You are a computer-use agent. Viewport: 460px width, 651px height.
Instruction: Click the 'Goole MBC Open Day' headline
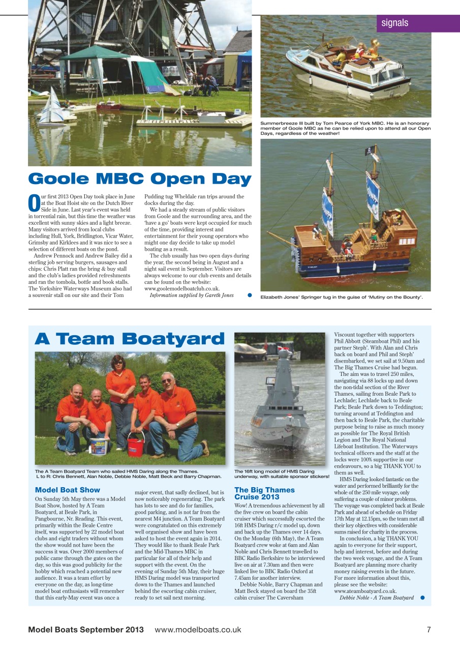[140, 179]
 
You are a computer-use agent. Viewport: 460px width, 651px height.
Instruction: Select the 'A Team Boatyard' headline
[130, 339]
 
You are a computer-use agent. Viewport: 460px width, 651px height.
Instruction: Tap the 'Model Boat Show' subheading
[68, 490]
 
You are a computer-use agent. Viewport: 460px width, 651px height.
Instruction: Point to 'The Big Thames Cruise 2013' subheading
[264, 493]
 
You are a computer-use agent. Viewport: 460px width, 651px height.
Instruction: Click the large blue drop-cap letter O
[33, 202]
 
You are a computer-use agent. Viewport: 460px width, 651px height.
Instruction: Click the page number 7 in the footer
[428, 630]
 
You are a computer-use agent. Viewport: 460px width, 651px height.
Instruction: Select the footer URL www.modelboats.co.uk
[198, 630]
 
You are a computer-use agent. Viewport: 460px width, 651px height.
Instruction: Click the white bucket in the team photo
[98, 447]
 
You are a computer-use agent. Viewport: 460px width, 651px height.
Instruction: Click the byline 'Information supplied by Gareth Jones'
[191, 295]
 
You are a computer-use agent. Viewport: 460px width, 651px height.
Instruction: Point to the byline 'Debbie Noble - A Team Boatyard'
[377, 598]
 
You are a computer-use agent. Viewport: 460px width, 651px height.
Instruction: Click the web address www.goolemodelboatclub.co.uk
[182, 288]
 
